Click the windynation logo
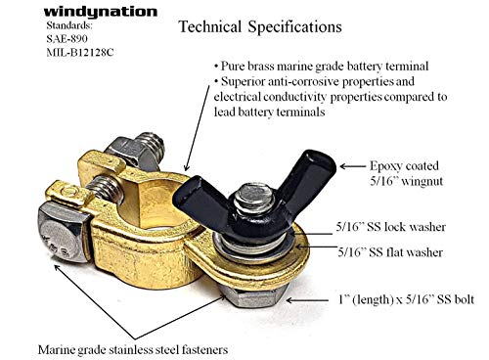pyautogui.click(x=101, y=13)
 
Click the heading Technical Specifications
pyautogui.click(x=260, y=26)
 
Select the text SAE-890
pyautogui.click(x=67, y=39)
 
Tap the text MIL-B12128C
pyautogui.click(x=80, y=52)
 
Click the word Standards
pyautogui.click(x=69, y=25)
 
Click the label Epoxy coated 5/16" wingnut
pyautogui.click(x=406, y=173)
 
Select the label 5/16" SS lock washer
pyautogui.click(x=391, y=227)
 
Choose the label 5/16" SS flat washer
pyautogui.click(x=390, y=252)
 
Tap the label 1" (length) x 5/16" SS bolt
pyautogui.click(x=406, y=299)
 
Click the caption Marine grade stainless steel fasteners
pyautogui.click(x=133, y=350)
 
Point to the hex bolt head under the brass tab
pyautogui.click(x=252, y=296)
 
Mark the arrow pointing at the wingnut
pyautogui.click(x=353, y=166)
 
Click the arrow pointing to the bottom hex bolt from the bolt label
pyautogui.click(x=307, y=300)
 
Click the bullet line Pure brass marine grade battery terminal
pyautogui.click(x=321, y=67)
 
